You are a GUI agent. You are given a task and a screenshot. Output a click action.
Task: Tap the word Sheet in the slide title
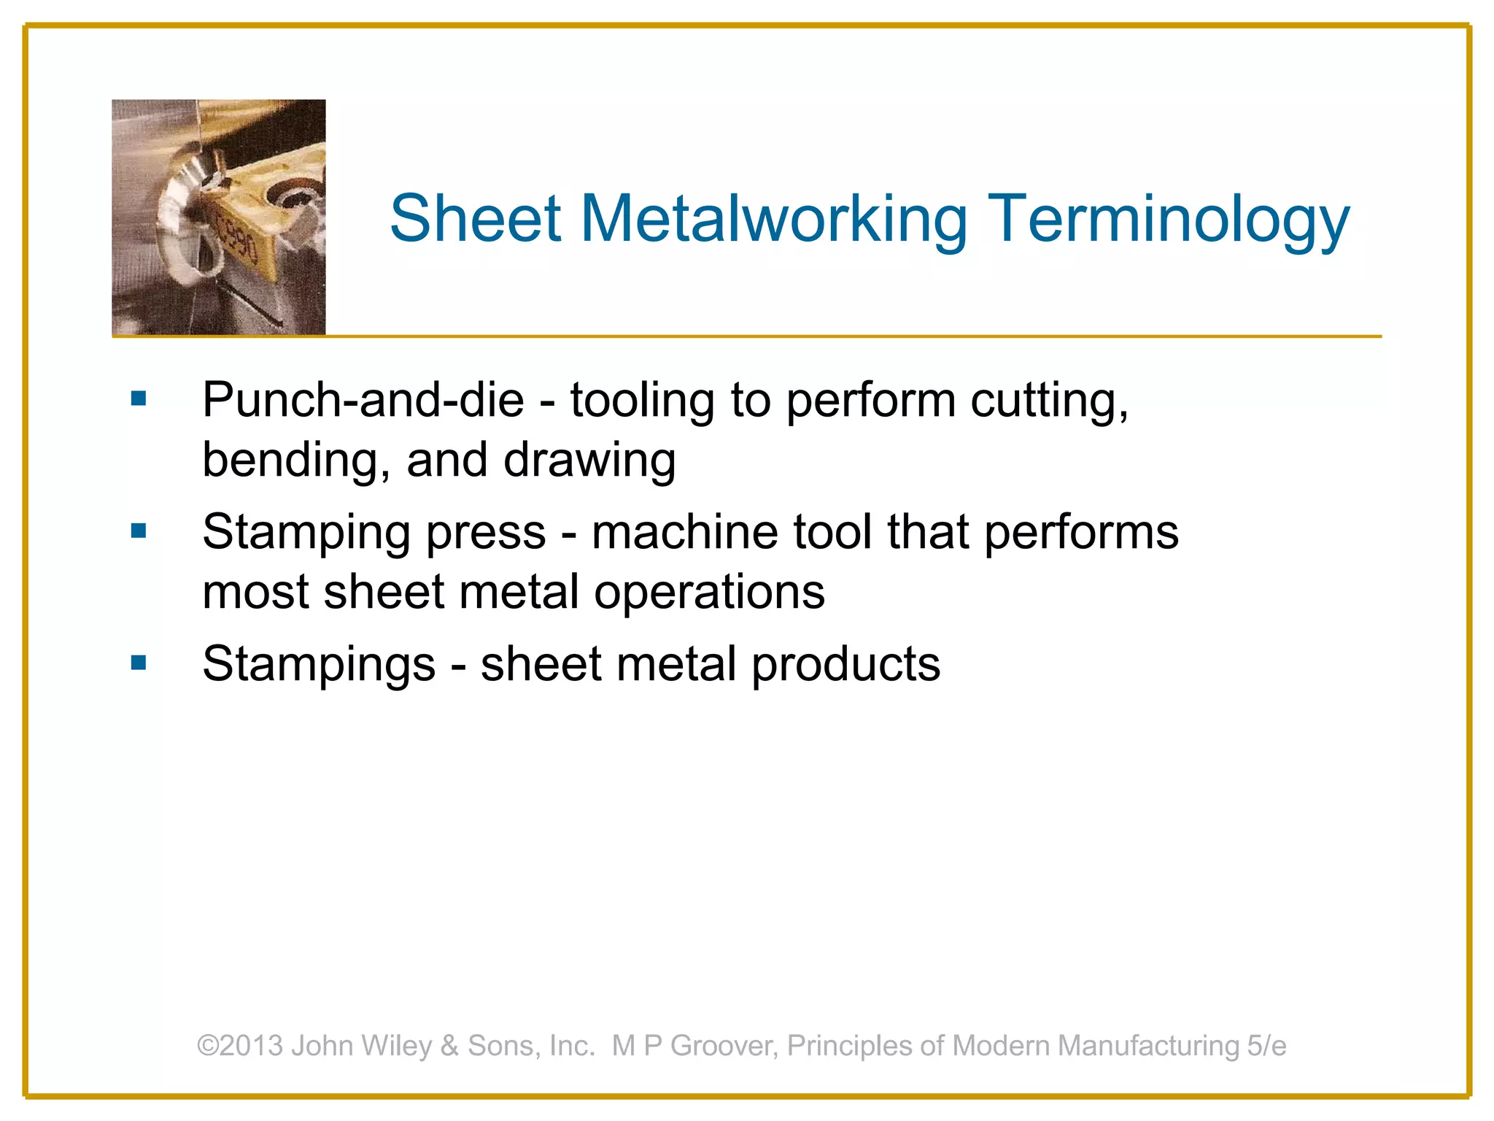475,219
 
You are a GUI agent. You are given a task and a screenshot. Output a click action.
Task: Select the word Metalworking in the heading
773,219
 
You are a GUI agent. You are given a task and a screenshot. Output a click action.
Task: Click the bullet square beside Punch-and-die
139,398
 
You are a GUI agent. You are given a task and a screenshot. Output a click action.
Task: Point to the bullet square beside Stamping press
139,531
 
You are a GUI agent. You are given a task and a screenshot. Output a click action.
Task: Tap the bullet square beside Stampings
139,663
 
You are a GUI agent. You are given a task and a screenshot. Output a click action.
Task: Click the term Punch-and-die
363,400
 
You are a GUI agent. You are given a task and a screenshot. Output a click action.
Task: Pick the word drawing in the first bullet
589,461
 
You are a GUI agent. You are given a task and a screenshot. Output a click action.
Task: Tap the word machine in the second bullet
684,531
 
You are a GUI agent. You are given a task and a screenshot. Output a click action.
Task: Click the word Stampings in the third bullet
319,665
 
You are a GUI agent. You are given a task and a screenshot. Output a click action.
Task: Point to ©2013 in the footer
240,1045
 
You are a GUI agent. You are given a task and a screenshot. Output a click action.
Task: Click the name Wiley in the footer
397,1046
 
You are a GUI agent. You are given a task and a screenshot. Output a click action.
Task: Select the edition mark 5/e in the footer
1266,1045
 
